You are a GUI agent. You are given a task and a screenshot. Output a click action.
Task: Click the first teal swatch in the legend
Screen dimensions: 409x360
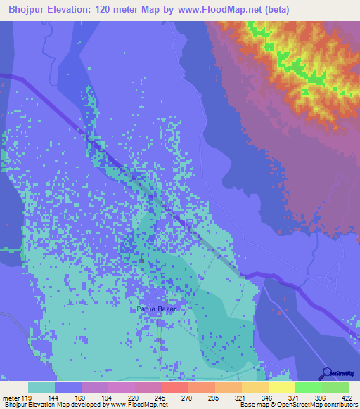[x=41, y=387]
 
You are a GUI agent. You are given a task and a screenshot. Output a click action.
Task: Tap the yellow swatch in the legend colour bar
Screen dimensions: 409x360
[x=281, y=387]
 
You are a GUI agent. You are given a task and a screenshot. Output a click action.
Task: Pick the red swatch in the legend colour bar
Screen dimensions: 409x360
[x=174, y=387]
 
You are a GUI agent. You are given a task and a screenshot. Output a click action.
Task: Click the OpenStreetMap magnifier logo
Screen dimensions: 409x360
[x=326, y=374]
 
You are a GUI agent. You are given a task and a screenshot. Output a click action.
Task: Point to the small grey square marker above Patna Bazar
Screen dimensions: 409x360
[x=142, y=260]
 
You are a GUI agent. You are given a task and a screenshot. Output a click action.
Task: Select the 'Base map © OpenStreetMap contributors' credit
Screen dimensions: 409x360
[x=296, y=405]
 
